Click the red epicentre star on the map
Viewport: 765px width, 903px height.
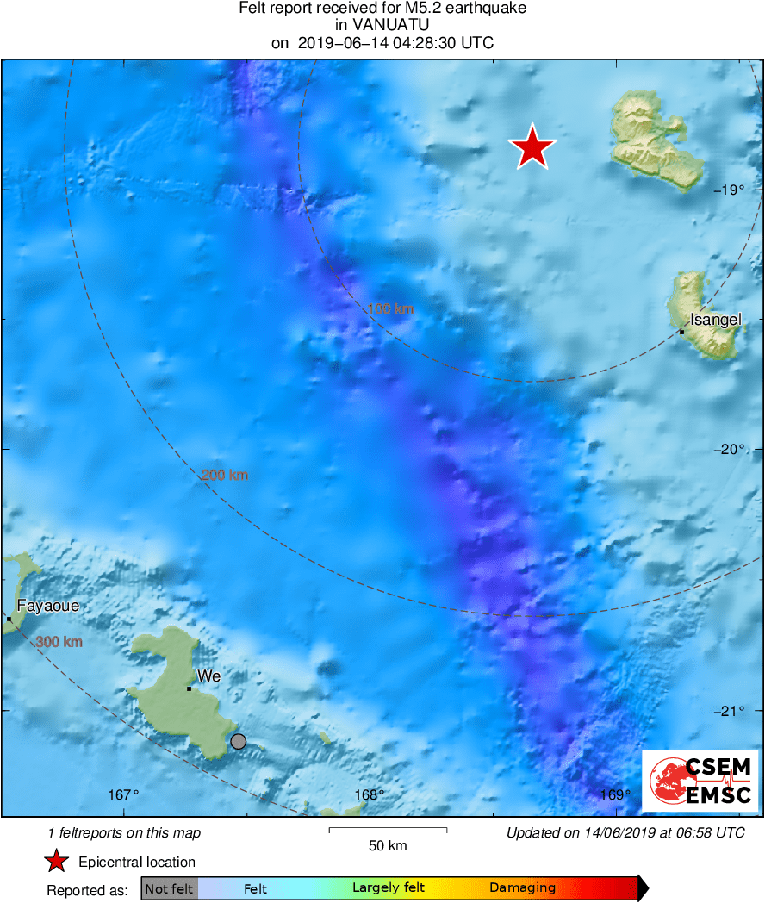click(x=533, y=147)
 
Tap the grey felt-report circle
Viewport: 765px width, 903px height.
click(x=239, y=741)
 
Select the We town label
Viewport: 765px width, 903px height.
click(x=209, y=676)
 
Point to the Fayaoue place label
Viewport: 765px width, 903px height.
click(x=48, y=606)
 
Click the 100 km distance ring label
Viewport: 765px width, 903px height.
click(x=390, y=308)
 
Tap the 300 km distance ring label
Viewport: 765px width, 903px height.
click(x=59, y=642)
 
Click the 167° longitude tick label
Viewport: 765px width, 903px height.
click(x=124, y=794)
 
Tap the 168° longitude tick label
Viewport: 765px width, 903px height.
click(x=369, y=794)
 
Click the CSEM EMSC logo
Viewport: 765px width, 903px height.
click(x=700, y=781)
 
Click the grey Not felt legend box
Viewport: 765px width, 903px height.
click(x=169, y=888)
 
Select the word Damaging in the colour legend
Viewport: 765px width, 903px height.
click(x=522, y=888)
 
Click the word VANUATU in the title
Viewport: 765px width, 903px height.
click(x=382, y=26)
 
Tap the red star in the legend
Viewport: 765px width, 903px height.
click(x=57, y=862)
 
